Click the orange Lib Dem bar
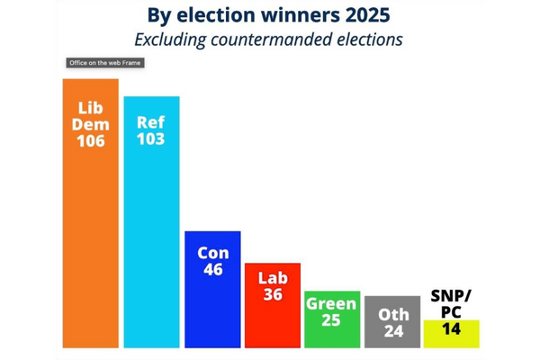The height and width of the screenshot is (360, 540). tap(90, 243)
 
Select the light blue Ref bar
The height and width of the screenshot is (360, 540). tap(151, 243)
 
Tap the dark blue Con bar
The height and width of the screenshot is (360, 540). tap(212, 306)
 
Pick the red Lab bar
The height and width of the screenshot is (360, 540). tap(272, 319)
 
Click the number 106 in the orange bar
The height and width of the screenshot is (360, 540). tap(90, 141)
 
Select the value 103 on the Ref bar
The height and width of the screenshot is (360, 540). tap(151, 139)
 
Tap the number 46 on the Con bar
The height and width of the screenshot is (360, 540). tap(212, 270)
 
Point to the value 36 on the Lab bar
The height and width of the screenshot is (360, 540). tap(272, 295)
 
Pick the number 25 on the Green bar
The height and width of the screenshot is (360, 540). tap(332, 320)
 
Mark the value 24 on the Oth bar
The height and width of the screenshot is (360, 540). tap(391, 330)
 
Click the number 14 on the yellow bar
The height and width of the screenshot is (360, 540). tap(451, 329)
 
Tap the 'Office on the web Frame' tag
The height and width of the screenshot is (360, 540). tap(106, 63)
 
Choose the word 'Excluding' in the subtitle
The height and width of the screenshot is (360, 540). tap(168, 40)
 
